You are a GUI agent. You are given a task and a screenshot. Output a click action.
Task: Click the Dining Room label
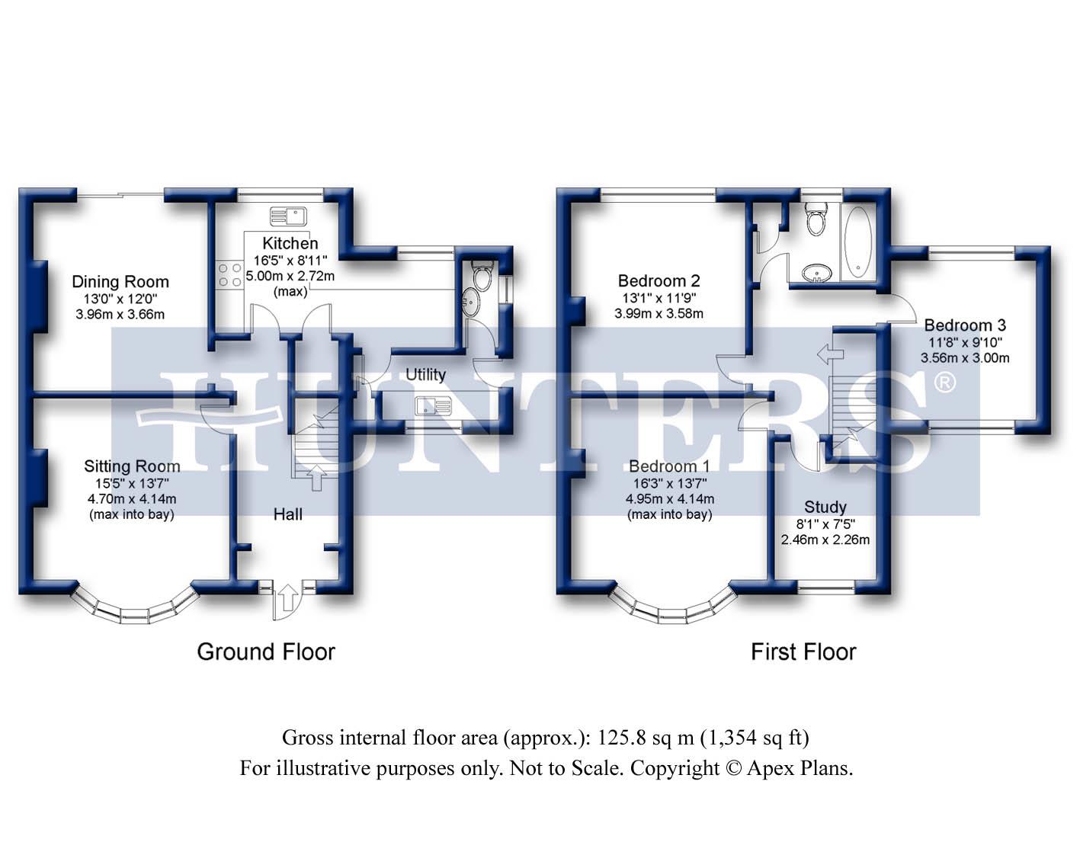click(x=120, y=282)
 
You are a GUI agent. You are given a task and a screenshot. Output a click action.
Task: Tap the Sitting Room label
click(x=132, y=466)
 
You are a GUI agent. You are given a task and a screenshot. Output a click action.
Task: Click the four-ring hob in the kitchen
click(x=229, y=274)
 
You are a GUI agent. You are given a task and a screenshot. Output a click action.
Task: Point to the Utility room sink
click(x=432, y=405)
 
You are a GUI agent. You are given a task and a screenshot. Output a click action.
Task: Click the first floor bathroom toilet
click(x=815, y=220)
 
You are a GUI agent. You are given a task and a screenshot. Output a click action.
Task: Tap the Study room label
click(x=825, y=507)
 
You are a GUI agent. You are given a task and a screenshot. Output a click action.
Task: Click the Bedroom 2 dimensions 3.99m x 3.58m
click(x=659, y=313)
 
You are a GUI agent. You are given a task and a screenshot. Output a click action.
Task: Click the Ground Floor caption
click(x=266, y=652)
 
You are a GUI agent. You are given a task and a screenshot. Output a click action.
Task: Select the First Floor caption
click(x=803, y=652)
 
